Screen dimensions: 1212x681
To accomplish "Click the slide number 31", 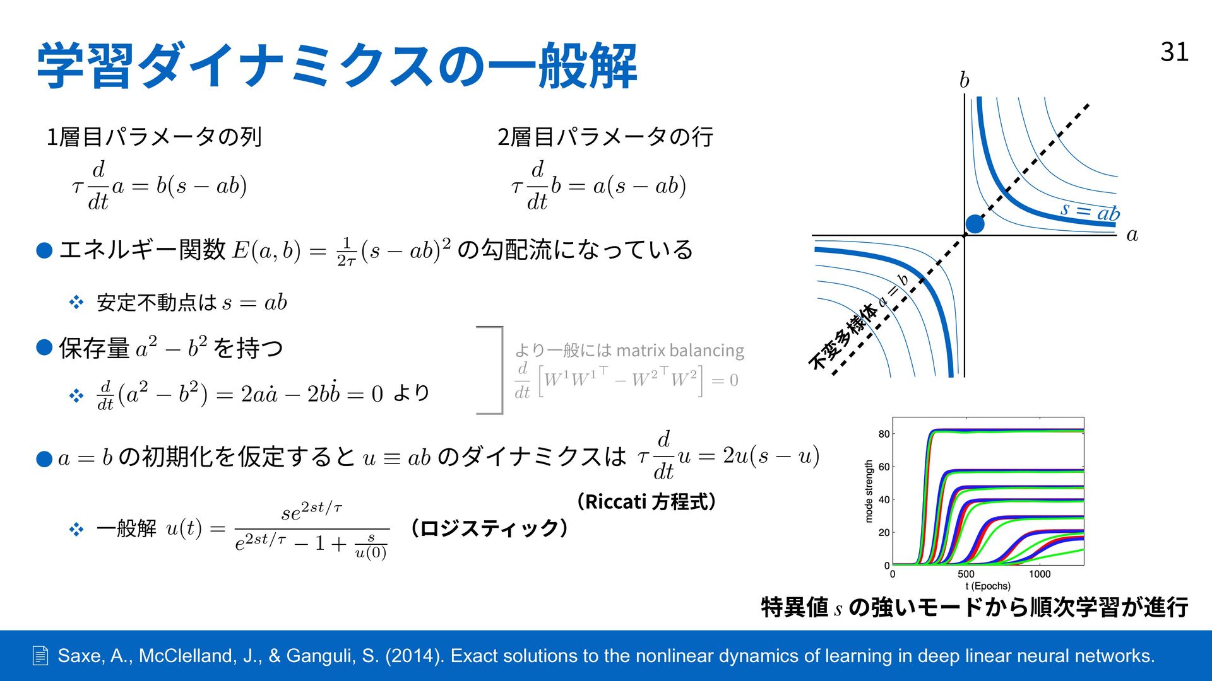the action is coord(1174,52).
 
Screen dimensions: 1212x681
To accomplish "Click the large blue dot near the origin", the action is coord(975,224).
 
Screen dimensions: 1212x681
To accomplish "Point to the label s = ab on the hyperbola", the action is coord(1090,211).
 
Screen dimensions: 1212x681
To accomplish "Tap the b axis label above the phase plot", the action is coord(964,80).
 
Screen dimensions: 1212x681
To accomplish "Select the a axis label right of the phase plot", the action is coord(1132,235).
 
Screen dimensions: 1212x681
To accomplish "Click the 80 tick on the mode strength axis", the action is coord(884,434).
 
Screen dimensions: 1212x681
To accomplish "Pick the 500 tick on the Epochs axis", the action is coord(966,574).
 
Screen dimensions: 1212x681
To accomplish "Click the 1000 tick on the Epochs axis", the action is coord(1040,574).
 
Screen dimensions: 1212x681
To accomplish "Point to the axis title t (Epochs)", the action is coord(988,586).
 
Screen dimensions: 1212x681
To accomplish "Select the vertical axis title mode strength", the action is coord(869,491).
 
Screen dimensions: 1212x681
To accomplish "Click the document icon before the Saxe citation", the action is coord(40,656).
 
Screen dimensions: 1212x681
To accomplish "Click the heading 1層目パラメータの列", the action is coord(155,137).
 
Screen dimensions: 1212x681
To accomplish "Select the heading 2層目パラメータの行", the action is coord(605,137).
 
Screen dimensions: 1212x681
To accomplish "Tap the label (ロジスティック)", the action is coord(489,528).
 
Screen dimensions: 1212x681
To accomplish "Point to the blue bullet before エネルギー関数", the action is coord(44,251).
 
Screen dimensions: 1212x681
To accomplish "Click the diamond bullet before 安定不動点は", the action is coord(76,303).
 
